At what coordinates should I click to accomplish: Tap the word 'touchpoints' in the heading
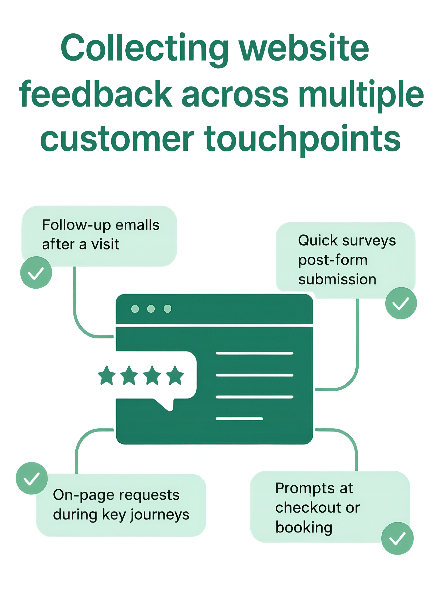tap(302, 139)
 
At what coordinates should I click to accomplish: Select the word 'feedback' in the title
tap(96, 94)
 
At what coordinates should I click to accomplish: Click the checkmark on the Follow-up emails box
tap(36, 273)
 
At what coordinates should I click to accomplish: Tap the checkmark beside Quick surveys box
tap(401, 303)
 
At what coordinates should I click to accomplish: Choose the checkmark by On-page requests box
tap(32, 478)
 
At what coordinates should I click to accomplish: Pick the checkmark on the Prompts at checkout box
tap(397, 538)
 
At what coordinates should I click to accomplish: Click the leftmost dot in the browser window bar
tap(135, 309)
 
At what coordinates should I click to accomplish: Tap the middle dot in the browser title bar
tap(151, 309)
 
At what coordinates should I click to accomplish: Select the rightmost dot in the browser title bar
tap(167, 309)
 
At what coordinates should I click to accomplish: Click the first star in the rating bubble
tap(107, 376)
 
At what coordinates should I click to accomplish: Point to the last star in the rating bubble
tap(175, 376)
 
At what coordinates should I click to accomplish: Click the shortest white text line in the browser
tap(239, 419)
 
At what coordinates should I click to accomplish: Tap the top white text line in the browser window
tap(254, 353)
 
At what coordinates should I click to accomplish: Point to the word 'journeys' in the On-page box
tap(160, 515)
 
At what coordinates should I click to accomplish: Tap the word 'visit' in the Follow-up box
tap(105, 244)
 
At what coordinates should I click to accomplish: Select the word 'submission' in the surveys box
tap(337, 279)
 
